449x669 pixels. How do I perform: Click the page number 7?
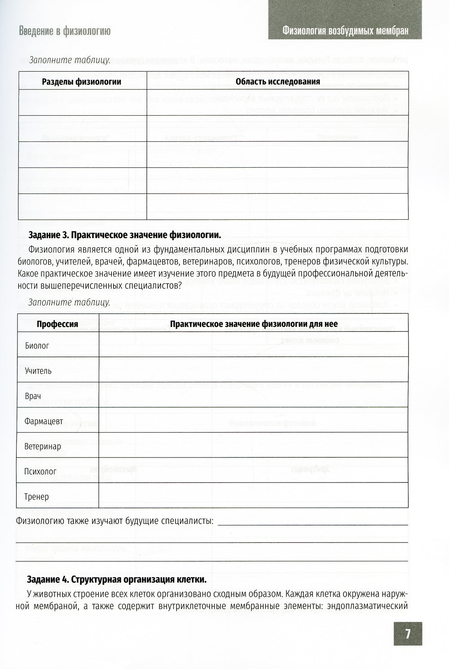408,634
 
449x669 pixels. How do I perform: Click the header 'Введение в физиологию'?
65,31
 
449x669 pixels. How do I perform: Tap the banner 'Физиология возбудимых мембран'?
345,31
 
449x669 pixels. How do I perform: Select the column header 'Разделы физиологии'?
81,82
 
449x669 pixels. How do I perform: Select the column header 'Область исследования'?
277,82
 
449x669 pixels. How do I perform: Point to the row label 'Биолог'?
37,346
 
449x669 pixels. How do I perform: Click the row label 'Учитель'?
38,371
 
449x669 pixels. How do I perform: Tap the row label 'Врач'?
33,396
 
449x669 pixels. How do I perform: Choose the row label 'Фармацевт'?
44,421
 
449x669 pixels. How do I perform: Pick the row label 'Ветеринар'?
43,447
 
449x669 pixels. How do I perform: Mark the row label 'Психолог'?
40,472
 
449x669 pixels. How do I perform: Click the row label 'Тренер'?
37,497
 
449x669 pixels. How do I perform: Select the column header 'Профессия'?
57,324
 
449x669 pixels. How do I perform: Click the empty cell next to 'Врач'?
253,395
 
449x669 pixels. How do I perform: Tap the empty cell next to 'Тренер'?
253,495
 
